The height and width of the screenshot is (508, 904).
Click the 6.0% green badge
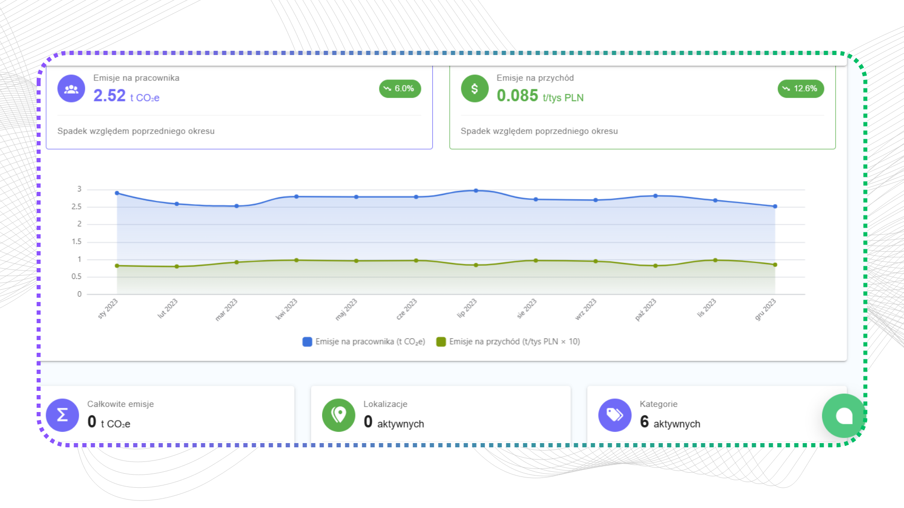[400, 88]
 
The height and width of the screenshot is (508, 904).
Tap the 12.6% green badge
[800, 88]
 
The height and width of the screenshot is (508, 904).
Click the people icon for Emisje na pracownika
[71, 88]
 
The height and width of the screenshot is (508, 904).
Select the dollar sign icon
[475, 88]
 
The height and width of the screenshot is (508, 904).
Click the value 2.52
[109, 96]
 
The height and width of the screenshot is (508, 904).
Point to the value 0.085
[517, 96]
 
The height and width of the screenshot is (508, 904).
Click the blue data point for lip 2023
[476, 190]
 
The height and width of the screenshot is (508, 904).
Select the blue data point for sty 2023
[117, 193]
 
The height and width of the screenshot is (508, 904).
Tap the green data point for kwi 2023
[297, 260]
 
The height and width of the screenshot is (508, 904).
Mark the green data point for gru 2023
[775, 265]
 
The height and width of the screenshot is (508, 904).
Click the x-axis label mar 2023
[226, 310]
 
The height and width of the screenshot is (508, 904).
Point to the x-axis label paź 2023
[646, 310]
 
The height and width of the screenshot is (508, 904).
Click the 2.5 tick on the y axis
[77, 206]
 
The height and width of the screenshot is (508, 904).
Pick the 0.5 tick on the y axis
[77, 277]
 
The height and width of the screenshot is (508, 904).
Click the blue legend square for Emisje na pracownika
[307, 342]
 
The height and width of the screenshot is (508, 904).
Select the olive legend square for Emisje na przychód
[441, 342]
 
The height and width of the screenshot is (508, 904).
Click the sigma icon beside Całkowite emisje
[62, 415]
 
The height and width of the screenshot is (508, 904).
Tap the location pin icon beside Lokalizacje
[339, 415]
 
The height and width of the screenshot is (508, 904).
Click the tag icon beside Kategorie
[614, 415]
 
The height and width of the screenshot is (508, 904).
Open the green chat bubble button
[844, 416]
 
